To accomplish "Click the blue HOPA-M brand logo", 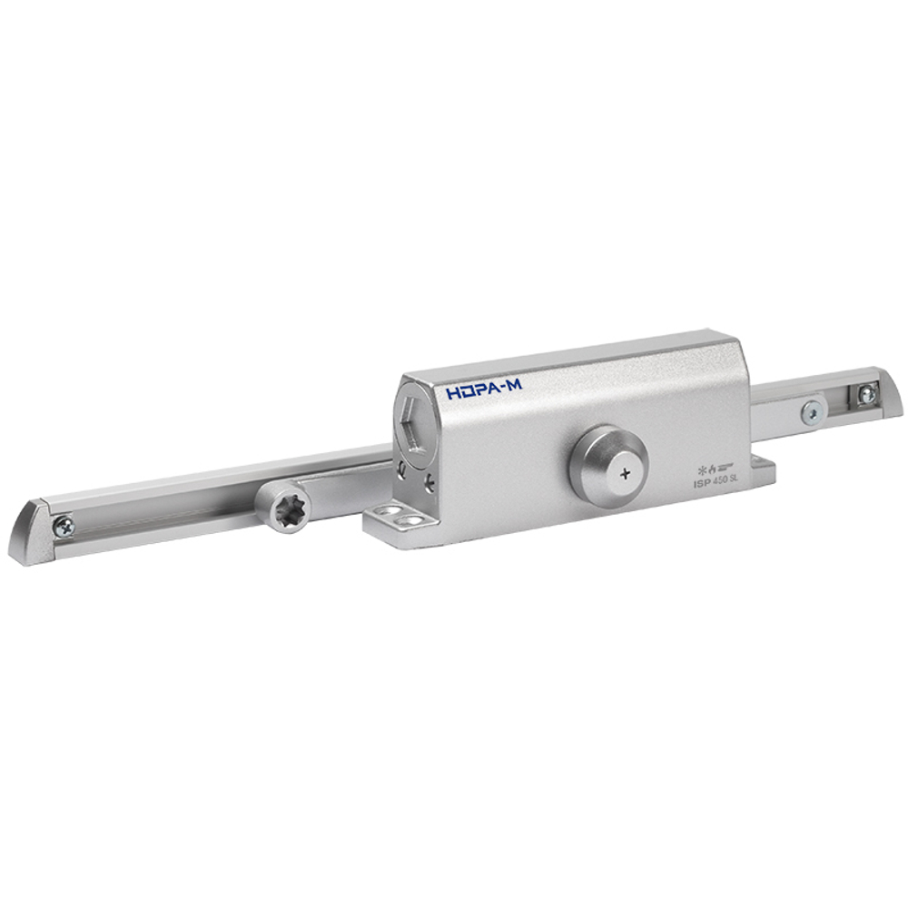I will coord(484,390).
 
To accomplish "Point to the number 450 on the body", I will coord(715,483).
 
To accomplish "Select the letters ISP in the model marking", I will coord(696,486).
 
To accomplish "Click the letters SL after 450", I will coord(731,481).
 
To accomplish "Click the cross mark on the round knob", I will coord(623,473).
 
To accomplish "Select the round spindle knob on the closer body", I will coord(607,461).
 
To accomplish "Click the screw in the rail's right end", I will coord(867,394).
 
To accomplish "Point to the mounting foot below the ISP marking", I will coord(760,473).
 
